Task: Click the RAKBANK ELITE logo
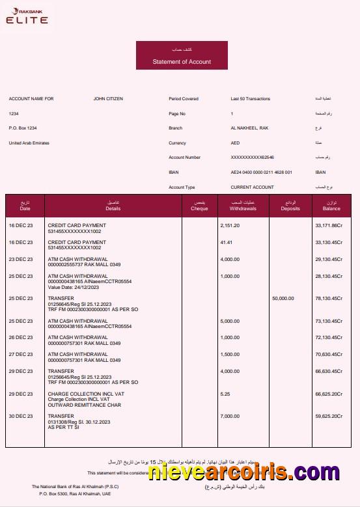pyautogui.click(x=27, y=16)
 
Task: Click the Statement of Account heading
pyautogui.click(x=182, y=62)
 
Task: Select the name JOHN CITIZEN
pyautogui.click(x=108, y=99)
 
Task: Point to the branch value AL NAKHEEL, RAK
pyautogui.click(x=249, y=128)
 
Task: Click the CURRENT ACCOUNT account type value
pyautogui.click(x=252, y=187)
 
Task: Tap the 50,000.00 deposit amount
pyautogui.click(x=283, y=299)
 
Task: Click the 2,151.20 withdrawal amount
pyautogui.click(x=230, y=225)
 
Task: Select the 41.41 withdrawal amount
pyautogui.click(x=226, y=242)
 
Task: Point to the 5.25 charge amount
pyautogui.click(x=225, y=394)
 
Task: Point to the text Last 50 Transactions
pyautogui.click(x=250, y=99)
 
